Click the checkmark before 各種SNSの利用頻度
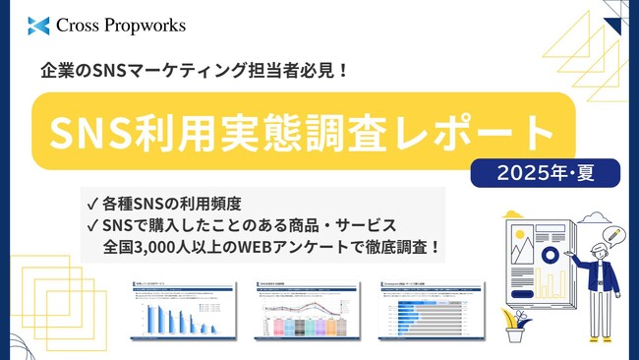[x=91, y=205]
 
